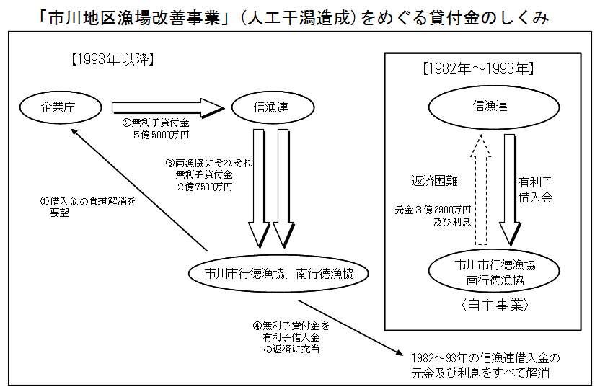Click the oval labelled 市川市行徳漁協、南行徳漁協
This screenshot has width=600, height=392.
coord(278,273)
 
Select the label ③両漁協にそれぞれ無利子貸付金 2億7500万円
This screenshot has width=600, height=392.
coord(208,175)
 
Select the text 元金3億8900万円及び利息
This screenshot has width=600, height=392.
coord(433,215)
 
